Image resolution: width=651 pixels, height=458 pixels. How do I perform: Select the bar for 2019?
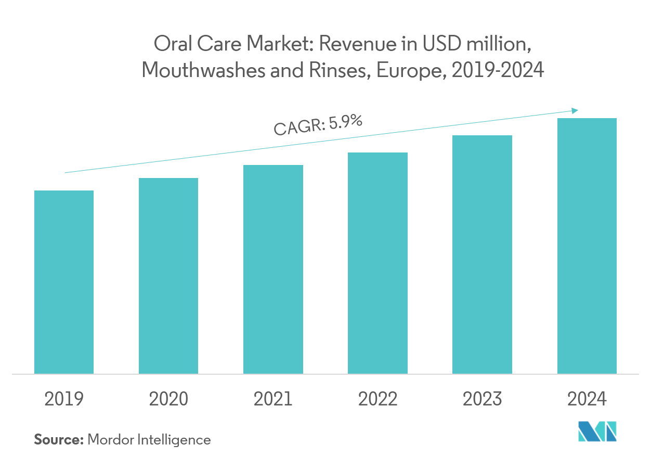pos(64,282)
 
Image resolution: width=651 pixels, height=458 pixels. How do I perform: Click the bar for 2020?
pos(168,275)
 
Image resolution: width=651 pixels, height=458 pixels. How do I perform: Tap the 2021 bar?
pos(273,269)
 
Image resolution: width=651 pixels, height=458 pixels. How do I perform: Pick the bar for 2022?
pos(377,263)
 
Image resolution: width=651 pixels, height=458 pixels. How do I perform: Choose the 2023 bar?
pos(482,254)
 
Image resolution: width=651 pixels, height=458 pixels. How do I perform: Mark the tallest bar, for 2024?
pos(587,246)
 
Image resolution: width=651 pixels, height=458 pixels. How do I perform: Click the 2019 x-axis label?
pos(64,399)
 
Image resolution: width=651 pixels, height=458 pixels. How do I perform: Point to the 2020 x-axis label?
pos(168,399)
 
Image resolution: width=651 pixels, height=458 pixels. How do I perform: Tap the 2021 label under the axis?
pos(273,399)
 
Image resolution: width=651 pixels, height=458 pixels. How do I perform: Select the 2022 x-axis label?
pos(377,399)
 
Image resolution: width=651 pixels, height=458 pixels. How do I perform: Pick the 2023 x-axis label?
pos(482,399)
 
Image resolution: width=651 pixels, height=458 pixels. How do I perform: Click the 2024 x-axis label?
pos(587,399)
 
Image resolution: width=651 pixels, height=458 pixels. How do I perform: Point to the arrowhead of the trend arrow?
pos(575,110)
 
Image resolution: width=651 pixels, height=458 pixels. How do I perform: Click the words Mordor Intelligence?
pos(149,440)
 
